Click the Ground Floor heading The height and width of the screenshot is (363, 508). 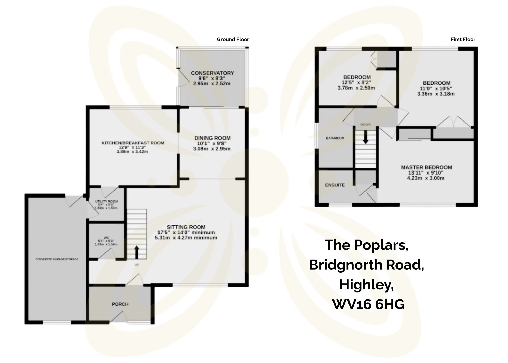pos(233,39)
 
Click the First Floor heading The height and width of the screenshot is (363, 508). pos(463,39)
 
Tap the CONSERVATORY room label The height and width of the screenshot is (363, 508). pos(212,73)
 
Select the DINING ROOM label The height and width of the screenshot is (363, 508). pos(212,138)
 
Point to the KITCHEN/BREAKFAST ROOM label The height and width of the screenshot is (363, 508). pos(133,143)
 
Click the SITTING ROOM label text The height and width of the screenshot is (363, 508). pos(186,227)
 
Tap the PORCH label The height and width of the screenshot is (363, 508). pos(120,304)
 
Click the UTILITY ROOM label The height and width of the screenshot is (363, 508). pos(106,201)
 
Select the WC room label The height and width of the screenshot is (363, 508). pos(106,238)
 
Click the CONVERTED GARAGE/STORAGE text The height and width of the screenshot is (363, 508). pos(57,259)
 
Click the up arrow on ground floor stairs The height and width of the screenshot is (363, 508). pos(136,251)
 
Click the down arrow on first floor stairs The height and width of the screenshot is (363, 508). pos(365,137)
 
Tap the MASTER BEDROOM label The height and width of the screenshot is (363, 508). pos(426,167)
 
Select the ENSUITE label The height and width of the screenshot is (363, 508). pos(335,185)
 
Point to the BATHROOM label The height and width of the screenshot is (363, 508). pos(335,138)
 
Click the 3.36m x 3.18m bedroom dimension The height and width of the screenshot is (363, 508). pos(436,94)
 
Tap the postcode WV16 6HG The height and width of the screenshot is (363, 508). pos(368,304)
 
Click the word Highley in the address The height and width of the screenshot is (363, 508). pos(366,285)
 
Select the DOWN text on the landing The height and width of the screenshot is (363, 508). pos(365,125)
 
